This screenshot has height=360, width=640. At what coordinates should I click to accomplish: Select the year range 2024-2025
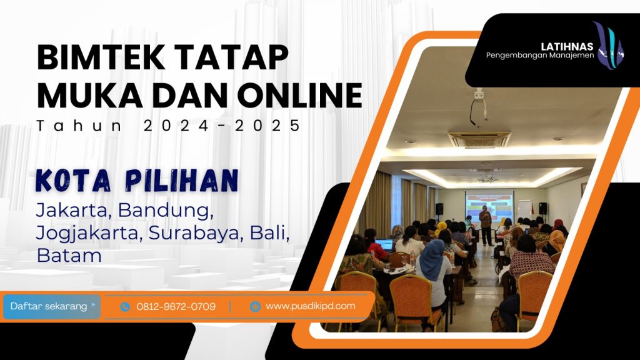pyautogui.click(x=222, y=126)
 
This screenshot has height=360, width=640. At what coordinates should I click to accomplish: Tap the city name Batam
pyautogui.click(x=69, y=255)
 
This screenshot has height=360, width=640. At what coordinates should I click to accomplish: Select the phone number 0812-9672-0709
pyautogui.click(x=176, y=307)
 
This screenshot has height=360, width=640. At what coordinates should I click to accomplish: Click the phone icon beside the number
pyautogui.click(x=125, y=307)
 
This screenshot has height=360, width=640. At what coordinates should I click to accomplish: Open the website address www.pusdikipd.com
pyautogui.click(x=310, y=306)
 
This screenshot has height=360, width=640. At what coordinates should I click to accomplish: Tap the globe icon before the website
pyautogui.click(x=254, y=306)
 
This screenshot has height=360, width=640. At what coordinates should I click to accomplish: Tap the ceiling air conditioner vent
pyautogui.click(x=479, y=139)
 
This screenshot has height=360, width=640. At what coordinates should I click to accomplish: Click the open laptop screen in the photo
pyautogui.click(x=384, y=244)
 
